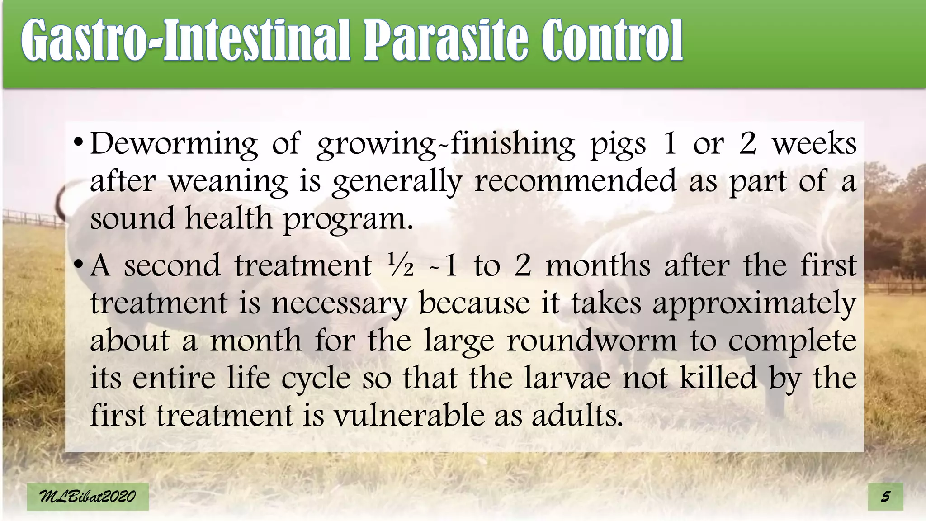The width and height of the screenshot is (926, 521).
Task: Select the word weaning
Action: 228,182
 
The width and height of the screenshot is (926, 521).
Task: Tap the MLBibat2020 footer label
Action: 87,497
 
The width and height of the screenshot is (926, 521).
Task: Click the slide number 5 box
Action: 886,497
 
